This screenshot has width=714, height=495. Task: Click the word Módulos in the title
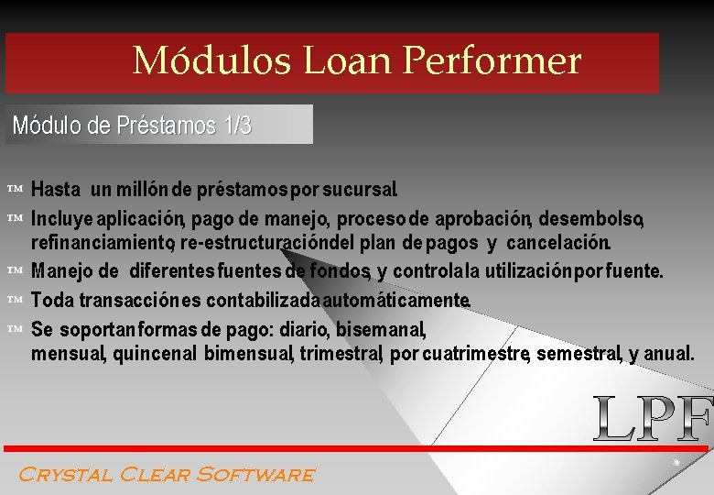[211, 61]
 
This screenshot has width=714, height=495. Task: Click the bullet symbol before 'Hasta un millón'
[14, 189]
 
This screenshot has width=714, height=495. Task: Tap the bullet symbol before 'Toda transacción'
[14, 300]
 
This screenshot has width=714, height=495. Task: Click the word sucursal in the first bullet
[360, 191]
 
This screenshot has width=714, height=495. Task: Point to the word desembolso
[591, 219]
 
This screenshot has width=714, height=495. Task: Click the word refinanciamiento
[103, 243]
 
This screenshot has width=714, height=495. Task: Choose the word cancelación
[558, 243]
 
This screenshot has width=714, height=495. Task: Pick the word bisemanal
[380, 328]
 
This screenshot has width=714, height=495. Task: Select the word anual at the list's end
[669, 353]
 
